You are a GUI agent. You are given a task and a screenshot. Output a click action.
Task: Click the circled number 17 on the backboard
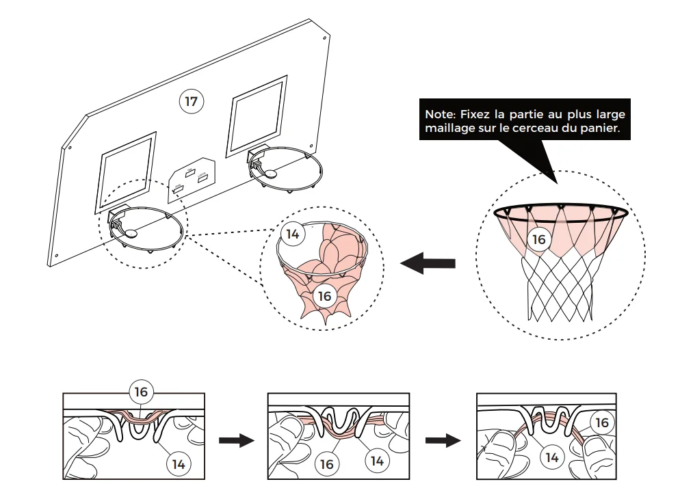(x=192, y=102)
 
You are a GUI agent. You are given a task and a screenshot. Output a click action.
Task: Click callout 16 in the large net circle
(x=539, y=239)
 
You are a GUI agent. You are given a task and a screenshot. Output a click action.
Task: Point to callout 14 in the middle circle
(x=293, y=234)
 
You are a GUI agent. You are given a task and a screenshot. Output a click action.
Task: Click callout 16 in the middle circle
(x=325, y=296)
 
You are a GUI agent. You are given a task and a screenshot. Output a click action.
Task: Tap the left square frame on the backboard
(x=126, y=171)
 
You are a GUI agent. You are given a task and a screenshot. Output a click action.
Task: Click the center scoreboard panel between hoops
(x=192, y=178)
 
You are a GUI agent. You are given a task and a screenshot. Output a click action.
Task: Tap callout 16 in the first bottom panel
(x=142, y=392)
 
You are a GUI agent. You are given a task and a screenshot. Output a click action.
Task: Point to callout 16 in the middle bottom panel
(x=326, y=463)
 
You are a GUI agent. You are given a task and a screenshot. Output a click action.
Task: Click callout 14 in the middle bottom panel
(x=377, y=460)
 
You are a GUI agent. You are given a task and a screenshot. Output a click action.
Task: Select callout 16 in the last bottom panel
(x=601, y=423)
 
